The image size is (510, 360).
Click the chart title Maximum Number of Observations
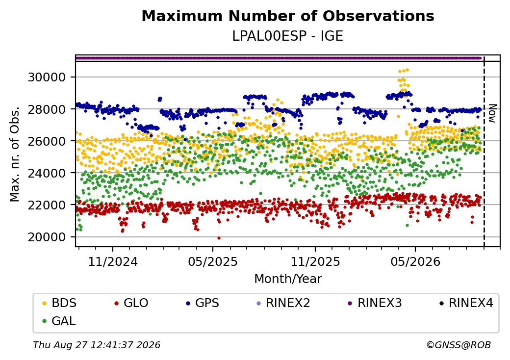point(288,16)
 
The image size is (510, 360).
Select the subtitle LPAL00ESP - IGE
point(288,36)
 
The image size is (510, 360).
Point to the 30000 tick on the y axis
point(47,77)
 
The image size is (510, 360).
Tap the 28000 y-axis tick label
point(47,109)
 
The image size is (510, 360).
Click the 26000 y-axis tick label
point(47,141)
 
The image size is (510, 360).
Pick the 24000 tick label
point(47,173)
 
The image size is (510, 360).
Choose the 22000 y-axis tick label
point(47,205)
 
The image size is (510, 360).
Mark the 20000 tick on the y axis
point(47,237)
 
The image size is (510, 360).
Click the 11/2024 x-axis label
point(113,261)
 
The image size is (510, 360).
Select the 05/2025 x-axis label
point(213,261)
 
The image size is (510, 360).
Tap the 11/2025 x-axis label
point(315,261)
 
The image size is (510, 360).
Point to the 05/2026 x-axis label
point(415,261)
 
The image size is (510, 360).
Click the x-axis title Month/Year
point(288,279)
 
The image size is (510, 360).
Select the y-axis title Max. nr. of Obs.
point(15,154)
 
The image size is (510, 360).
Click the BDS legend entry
point(59,303)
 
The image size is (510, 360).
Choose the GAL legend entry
point(59,321)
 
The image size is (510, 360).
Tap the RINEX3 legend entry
point(375,303)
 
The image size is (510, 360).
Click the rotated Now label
point(493,113)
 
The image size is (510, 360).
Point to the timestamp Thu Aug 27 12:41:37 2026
point(97,345)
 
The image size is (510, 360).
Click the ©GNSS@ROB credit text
point(459,345)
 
